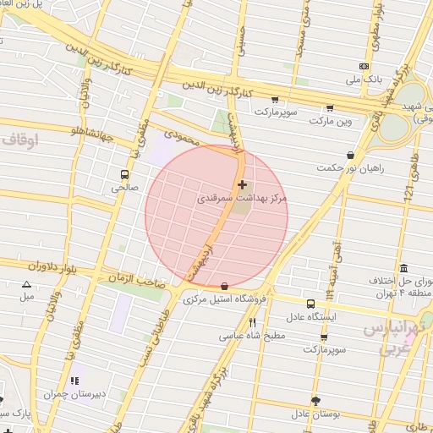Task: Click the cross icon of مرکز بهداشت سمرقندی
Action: (243, 184)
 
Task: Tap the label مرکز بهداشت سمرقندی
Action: (243, 197)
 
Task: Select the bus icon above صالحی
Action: (124, 175)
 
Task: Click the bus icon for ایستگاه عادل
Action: (310, 304)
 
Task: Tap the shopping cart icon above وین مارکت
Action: (329, 108)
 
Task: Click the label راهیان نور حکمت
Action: (350, 168)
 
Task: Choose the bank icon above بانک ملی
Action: (364, 66)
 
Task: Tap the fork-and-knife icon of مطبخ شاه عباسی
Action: (252, 322)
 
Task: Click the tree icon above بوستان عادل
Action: (315, 401)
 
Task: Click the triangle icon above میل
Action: (27, 285)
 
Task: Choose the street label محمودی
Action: (180, 135)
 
